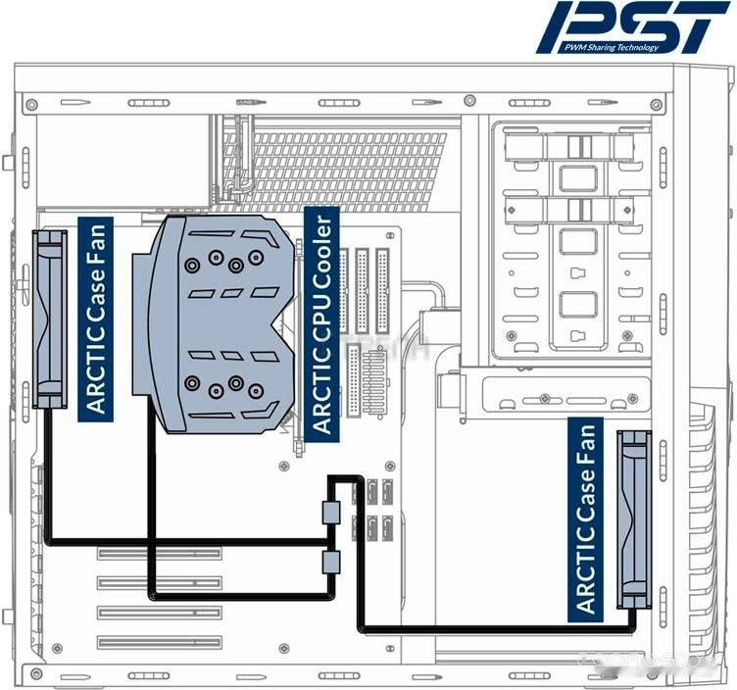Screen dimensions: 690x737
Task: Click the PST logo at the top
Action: [x=637, y=27]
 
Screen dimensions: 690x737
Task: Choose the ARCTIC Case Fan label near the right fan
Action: [x=586, y=517]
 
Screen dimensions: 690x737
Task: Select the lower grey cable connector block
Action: [x=330, y=563]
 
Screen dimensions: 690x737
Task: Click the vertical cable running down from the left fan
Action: [x=46, y=470]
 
